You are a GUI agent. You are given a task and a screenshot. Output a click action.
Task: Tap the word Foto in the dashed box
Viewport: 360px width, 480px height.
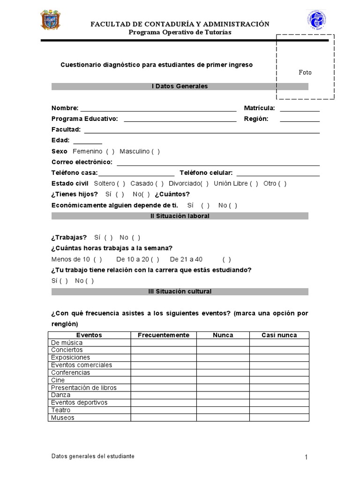pos(305,72)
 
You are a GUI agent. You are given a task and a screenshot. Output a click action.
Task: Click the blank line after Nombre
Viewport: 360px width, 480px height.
pos(158,109)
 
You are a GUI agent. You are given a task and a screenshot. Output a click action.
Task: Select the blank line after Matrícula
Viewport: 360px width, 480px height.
pos(300,109)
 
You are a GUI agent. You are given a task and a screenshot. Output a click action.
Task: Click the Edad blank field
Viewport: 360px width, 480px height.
pos(87,141)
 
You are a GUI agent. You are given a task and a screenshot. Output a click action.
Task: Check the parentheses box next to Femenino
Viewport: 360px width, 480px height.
pos(110,151)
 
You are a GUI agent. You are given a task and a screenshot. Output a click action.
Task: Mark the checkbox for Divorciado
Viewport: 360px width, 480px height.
pos(204,184)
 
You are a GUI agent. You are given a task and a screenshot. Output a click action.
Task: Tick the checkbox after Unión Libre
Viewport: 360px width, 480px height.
pos(254,184)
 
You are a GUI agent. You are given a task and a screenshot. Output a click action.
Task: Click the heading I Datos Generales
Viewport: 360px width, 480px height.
pos(180,86)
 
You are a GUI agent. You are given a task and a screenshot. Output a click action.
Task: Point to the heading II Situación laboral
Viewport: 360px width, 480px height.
pos(180,216)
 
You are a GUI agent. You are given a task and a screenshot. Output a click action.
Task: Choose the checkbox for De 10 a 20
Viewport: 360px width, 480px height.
pos(155,259)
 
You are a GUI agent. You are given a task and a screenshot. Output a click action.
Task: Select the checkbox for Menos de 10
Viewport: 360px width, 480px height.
pos(97,259)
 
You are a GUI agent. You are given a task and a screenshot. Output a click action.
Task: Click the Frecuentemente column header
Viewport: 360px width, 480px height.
pos(163,335)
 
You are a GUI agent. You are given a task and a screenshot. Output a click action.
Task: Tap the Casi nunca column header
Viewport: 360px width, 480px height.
pos(279,335)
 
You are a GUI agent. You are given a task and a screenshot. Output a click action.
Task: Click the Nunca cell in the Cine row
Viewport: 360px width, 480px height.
pos(223,380)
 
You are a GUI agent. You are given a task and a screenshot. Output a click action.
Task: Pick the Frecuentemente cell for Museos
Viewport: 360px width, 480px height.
pos(163,418)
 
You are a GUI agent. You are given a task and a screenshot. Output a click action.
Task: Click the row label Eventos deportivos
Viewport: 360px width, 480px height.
pos(79,403)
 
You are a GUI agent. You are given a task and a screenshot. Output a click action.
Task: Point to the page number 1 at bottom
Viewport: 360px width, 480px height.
pos(306,457)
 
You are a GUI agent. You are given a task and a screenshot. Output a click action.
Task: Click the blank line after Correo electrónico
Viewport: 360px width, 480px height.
pos(218,163)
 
